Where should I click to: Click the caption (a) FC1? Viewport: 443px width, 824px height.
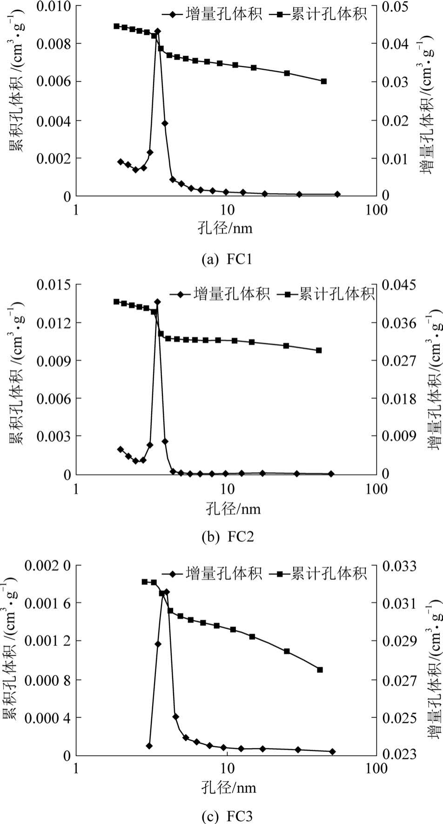227,259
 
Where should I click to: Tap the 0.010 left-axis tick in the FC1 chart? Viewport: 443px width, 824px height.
54,7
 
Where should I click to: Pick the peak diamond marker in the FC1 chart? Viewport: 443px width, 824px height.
158,31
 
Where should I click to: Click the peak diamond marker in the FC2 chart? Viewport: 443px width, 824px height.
157,302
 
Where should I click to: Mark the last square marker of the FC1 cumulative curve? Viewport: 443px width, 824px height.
324,81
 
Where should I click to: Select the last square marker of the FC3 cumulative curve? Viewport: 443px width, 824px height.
320,670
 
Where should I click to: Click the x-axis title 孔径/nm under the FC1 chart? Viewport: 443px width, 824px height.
225,228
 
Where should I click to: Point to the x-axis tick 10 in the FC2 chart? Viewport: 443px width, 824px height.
227,489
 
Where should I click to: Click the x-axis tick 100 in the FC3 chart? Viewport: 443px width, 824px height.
376,768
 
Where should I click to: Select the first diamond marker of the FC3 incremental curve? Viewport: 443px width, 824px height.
149,745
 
